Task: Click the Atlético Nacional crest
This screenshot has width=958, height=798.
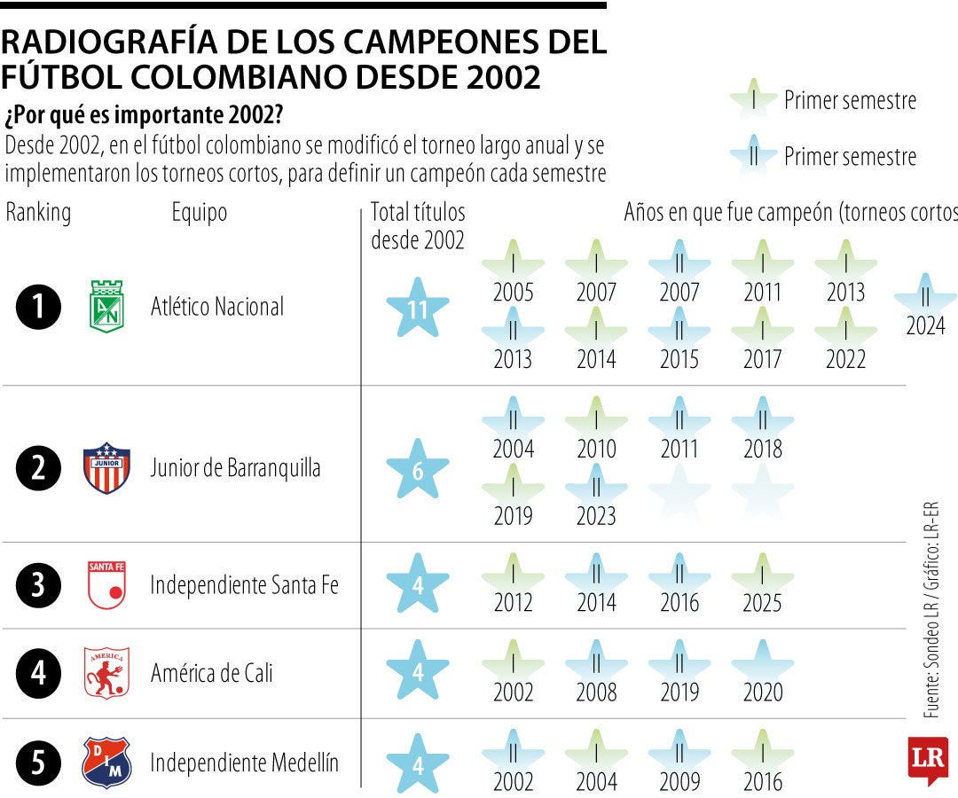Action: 107,307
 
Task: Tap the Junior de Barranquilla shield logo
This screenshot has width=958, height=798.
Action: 106,468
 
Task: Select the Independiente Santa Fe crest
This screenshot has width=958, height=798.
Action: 106,585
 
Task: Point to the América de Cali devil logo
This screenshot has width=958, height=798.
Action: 106,673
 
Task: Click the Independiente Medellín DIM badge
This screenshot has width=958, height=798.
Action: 106,763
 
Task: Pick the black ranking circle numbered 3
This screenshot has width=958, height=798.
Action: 39,585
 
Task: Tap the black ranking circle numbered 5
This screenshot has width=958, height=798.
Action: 39,763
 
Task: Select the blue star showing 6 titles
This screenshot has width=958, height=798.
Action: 418,470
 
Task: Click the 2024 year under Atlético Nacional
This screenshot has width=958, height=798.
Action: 925,325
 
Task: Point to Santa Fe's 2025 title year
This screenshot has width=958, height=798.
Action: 762,603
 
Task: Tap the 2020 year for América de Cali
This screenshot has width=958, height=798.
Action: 762,692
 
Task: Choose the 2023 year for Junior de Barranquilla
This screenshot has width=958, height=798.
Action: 596,516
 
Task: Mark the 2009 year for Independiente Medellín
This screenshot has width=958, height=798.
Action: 679,781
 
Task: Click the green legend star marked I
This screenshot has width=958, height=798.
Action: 753,100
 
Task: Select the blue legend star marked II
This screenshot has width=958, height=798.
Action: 753,156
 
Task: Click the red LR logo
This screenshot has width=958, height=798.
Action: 928,759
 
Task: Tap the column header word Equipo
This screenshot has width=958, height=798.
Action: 200,213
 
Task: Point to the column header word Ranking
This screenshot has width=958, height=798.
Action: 38,213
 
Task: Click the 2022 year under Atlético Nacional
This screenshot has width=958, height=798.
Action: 845,359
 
